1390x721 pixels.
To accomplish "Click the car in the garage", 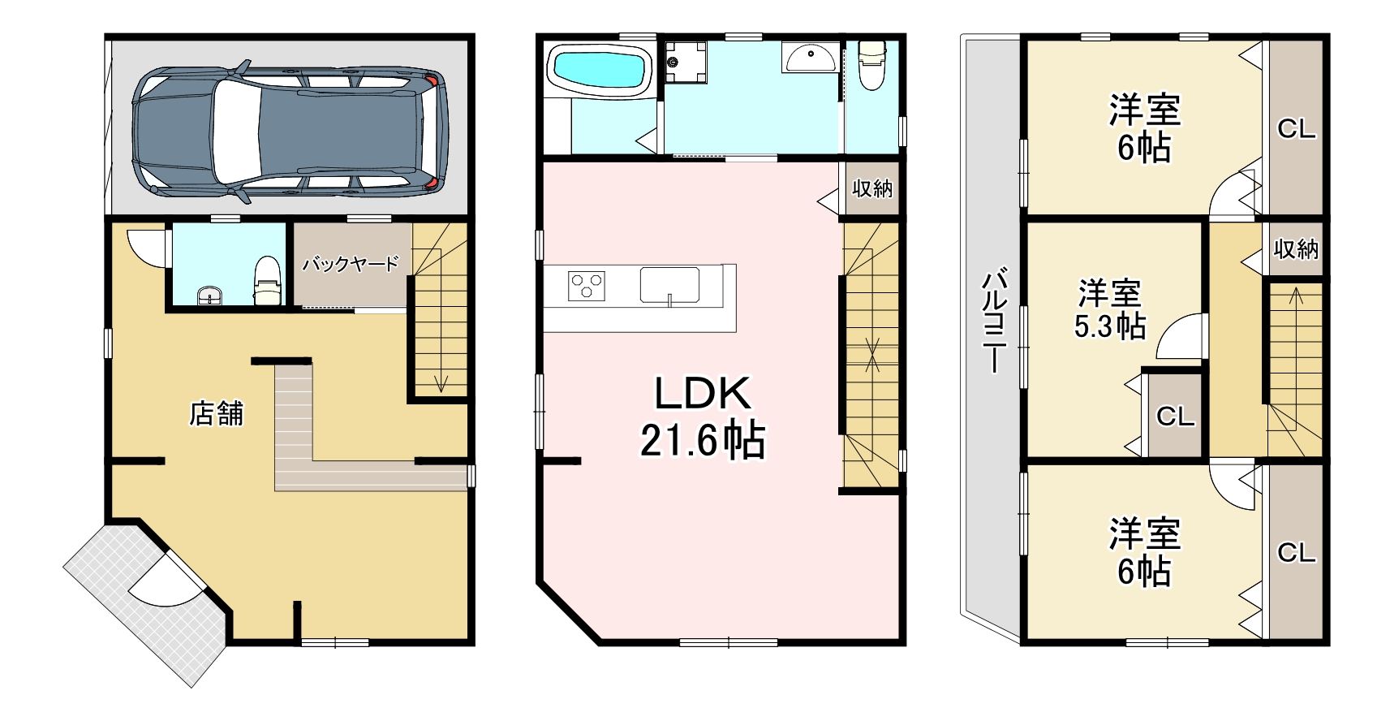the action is (x=290, y=132).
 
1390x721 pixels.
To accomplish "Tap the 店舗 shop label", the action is (x=216, y=414).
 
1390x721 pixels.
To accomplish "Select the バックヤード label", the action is (x=350, y=265).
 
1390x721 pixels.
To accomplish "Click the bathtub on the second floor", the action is (x=600, y=70).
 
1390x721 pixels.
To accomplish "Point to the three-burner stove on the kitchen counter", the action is (x=587, y=287).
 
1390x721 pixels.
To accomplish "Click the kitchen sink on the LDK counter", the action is (x=669, y=285).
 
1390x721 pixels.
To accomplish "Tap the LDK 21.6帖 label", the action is (x=703, y=416).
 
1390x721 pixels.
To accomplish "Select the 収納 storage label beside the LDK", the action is (x=871, y=188).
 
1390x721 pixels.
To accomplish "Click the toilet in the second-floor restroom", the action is (x=871, y=65).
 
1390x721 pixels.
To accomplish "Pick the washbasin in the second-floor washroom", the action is (x=810, y=58).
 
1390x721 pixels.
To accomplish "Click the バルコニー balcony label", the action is (x=994, y=321).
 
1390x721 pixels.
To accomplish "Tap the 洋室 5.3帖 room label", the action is (x=1109, y=309).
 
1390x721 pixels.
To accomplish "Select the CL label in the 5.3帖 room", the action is (x=1175, y=417).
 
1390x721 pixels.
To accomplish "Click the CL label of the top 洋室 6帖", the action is (x=1297, y=129).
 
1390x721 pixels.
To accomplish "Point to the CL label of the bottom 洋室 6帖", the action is (x=1297, y=553).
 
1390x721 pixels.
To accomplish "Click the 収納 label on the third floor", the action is (x=1297, y=249).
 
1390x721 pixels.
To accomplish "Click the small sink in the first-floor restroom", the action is (x=209, y=296).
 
